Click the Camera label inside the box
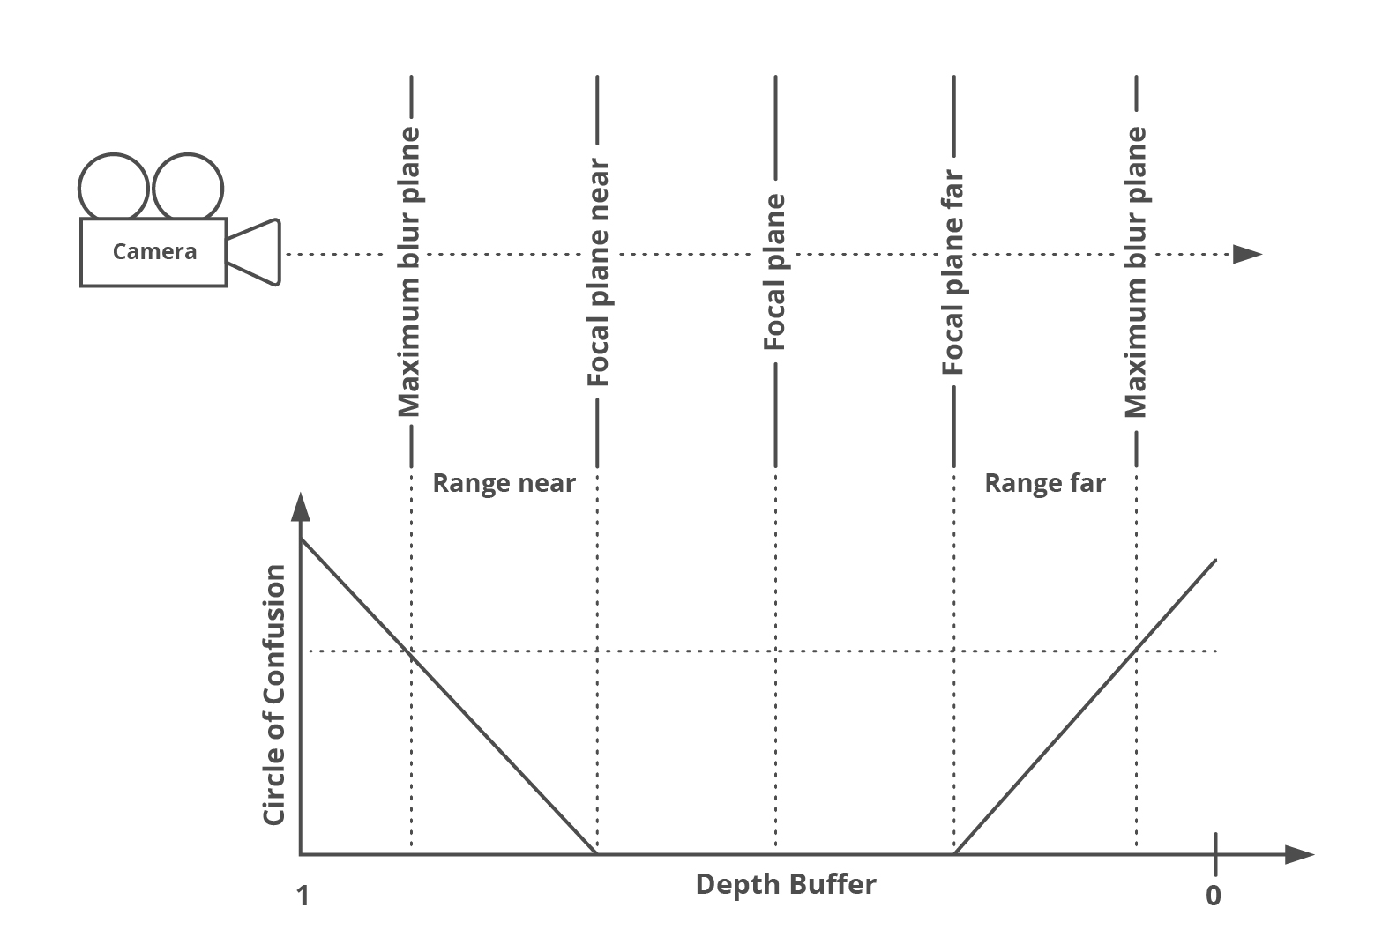(154, 252)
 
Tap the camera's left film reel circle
(114, 187)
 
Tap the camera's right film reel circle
(188, 187)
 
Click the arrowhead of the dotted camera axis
(1247, 255)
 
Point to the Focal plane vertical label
(774, 272)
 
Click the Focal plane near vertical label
(598, 272)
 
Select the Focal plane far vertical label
(953, 272)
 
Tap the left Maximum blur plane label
(409, 272)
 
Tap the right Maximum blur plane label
(1136, 272)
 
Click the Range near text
(504, 483)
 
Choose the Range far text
(1044, 483)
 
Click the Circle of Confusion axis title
(275, 695)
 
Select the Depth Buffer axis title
(786, 884)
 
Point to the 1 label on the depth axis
(303, 896)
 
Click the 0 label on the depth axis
(1214, 896)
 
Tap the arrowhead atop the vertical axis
(301, 509)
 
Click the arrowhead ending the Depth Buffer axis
(1300, 854)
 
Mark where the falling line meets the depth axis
(597, 853)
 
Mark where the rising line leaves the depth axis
(955, 853)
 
